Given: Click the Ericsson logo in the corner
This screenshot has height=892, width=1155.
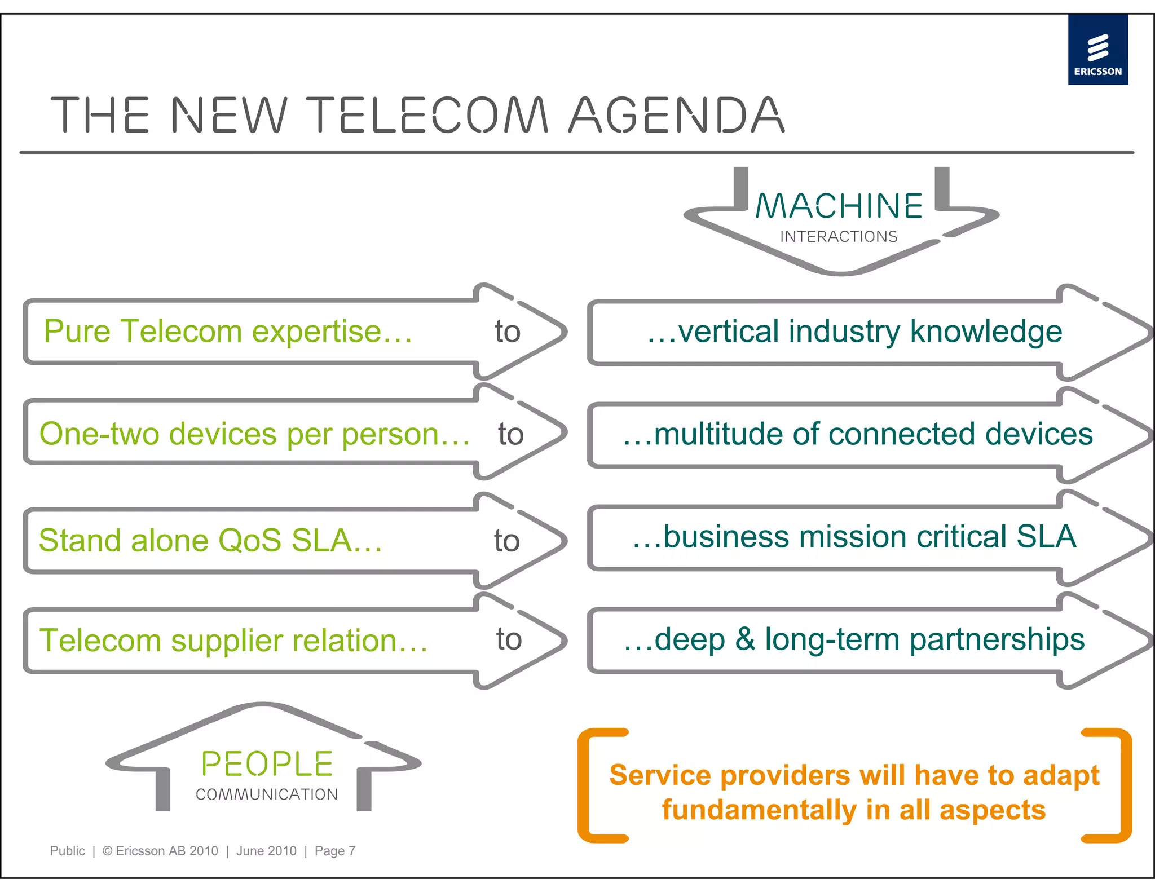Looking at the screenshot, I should pos(1097,50).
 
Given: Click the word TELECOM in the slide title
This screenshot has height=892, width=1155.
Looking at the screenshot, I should pos(429,116).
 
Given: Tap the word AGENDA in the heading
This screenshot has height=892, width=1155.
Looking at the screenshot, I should pos(676,116).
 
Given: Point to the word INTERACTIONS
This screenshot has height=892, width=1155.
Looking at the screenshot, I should pos(839,237).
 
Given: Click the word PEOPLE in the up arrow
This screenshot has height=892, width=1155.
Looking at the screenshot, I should pos(267,765).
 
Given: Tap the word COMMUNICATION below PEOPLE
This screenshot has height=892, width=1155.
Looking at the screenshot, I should pos(267,794).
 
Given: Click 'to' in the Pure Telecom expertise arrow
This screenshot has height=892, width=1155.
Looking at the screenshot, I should pos(508,332).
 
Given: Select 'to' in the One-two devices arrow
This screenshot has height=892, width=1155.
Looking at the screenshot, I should pos(511,434).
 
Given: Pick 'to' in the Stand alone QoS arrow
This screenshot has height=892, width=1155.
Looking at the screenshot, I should pos(506,541).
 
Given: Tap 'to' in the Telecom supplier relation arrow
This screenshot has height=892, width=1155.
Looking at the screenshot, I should pos(509,639).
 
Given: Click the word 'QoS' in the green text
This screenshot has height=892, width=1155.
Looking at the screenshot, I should pos(249,541).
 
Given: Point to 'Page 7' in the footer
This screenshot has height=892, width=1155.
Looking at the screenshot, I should pos(335,851).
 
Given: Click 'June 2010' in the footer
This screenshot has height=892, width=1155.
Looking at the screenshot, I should pos(266,851).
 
